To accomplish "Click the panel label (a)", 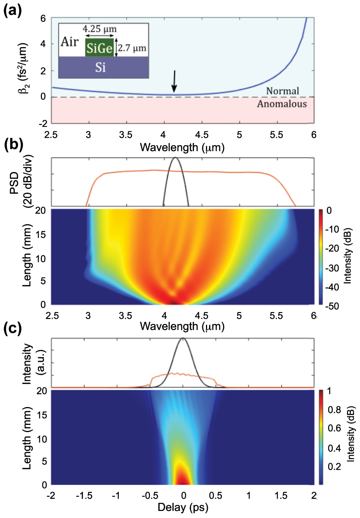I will point(12,10).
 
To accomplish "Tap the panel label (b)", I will point(13,144).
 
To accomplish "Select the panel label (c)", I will point(12,328).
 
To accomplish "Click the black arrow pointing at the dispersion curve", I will point(174,81).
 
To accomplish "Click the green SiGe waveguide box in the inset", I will point(99,48).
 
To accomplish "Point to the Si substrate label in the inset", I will point(101,67).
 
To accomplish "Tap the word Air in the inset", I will point(70,42).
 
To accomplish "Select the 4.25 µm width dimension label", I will point(99,29).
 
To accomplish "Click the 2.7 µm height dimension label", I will point(132,48).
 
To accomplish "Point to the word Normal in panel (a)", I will point(282,91).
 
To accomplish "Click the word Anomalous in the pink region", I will point(282,104).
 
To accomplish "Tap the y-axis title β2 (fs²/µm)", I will point(23,68).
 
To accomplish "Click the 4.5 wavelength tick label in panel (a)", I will point(202,135).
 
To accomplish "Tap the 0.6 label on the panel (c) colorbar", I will point(334,428).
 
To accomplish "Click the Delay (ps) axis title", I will point(183,507).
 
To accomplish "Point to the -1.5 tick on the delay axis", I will point(84,495).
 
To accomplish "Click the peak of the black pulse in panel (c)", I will point(183,338).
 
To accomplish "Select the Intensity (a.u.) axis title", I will point(33,363).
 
